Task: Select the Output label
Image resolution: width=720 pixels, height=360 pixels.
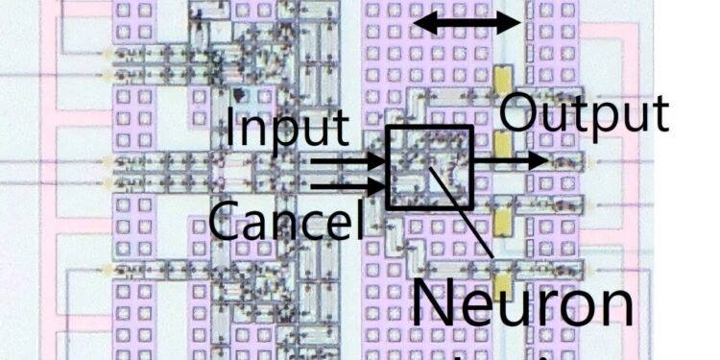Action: pyautogui.click(x=584, y=114)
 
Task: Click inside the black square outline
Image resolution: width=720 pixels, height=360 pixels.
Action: pyautogui.click(x=429, y=167)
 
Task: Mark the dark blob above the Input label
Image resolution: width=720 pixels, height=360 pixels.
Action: pyautogui.click(x=237, y=97)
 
